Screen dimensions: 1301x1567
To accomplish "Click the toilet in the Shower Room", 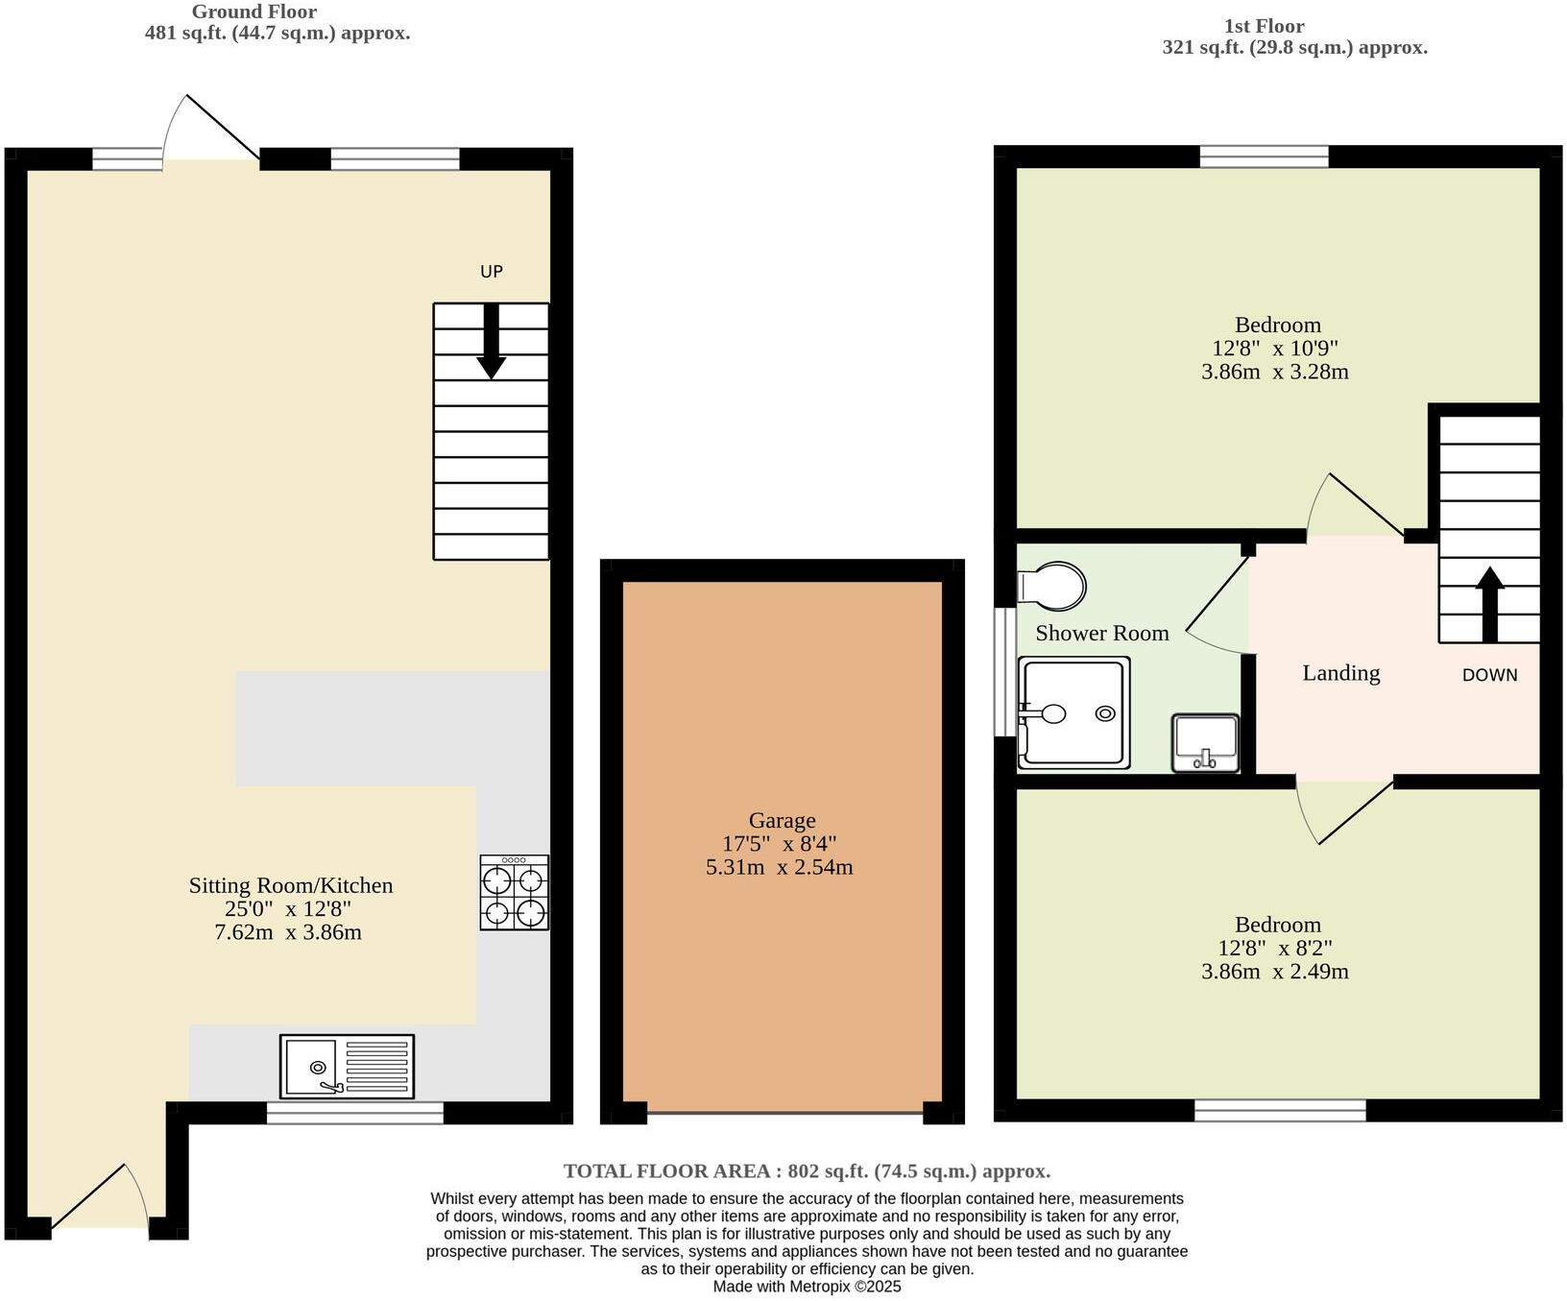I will pos(1054,585).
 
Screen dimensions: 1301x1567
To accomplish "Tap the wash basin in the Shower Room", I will pos(1205,743).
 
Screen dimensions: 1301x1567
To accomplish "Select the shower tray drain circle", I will pos(1105,713).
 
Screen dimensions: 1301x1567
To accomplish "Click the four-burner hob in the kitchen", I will pos(515,893).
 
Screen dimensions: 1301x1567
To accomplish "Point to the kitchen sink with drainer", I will pos(347,1066).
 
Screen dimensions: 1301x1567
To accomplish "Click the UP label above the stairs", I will pos(491,272).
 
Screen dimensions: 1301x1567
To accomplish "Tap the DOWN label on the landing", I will pos(1489,675).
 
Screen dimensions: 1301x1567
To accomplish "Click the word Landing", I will pos(1340,673).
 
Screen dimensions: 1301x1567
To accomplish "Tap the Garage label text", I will pos(782,820).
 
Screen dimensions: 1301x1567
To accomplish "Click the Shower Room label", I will pos(1101,633).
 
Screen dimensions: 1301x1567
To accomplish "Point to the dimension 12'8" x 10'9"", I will pos(1275,348).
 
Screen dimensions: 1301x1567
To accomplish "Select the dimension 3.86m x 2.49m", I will pos(1275,971).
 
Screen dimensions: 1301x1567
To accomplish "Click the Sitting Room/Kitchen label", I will pos(290,885).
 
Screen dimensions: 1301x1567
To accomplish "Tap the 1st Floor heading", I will pos(1264,26).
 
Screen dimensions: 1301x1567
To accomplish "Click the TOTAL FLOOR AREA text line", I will pos(807,1170).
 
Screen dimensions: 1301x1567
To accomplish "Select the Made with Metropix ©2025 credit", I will pos(807,1287).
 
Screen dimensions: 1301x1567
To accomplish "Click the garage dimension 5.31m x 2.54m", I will pos(779,867).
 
